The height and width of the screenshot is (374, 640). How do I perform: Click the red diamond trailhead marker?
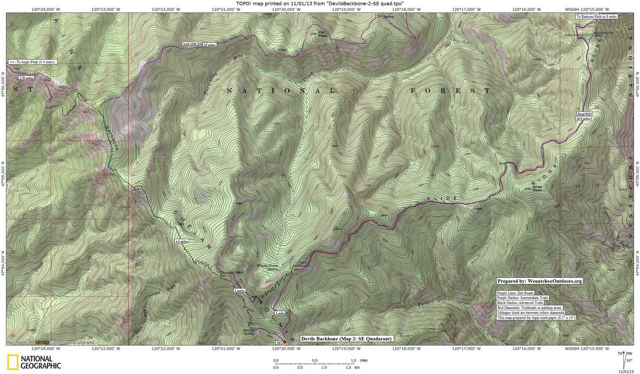click(284, 342)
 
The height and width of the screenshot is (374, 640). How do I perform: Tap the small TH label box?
click(278, 343)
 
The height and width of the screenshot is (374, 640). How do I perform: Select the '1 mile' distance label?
click(280, 313)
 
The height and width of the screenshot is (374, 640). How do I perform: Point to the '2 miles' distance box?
click(240, 290)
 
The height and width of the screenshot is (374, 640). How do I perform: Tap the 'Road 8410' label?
click(584, 114)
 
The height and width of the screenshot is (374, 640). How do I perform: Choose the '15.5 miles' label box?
click(584, 118)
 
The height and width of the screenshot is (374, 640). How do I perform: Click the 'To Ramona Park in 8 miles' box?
click(596, 17)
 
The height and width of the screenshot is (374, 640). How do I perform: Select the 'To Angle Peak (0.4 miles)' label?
click(32, 62)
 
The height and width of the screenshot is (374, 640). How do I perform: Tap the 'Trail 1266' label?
click(190, 43)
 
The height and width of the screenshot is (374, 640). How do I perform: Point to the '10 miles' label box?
click(210, 45)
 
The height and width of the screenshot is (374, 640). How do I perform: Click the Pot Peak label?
click(323, 35)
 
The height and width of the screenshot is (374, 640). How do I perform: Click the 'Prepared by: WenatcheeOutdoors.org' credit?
click(539, 281)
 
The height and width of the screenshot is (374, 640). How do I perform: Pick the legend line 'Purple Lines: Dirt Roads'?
click(515, 293)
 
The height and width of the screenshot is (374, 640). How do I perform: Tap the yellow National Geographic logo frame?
click(12, 362)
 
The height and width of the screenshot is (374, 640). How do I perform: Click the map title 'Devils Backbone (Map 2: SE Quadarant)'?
click(346, 339)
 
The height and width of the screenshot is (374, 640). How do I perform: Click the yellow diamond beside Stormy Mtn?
click(218, 274)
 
